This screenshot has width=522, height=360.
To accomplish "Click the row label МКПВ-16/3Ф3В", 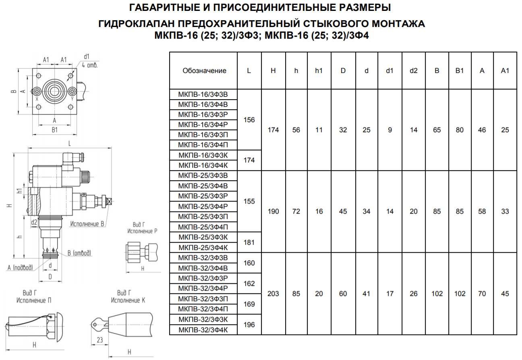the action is click(x=203, y=94).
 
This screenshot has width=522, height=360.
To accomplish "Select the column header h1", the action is click(x=319, y=71).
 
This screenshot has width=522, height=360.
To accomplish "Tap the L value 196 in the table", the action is click(x=249, y=325).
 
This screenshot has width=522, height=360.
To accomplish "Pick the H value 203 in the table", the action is click(x=273, y=293).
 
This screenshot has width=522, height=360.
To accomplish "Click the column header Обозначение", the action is click(x=204, y=71).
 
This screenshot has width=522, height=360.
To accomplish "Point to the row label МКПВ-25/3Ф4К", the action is click(x=203, y=248).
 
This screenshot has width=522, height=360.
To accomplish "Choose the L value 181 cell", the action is click(x=249, y=242).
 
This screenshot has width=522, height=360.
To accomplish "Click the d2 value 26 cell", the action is click(x=413, y=293).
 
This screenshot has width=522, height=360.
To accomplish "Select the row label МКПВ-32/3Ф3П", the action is click(x=203, y=299).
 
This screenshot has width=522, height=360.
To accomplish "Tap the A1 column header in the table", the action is click(x=505, y=71).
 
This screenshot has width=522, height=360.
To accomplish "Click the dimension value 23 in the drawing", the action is click(x=100, y=340).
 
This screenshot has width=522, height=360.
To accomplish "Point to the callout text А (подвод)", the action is click(x=20, y=267).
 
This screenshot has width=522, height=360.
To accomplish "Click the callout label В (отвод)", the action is click(x=79, y=253).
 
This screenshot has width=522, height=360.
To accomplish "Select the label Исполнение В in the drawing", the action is click(x=87, y=224).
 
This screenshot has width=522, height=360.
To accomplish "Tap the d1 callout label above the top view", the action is click(x=87, y=57).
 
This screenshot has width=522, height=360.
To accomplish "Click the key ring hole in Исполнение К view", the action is click(x=95, y=324).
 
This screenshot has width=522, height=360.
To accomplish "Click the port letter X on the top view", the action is click(x=37, y=99).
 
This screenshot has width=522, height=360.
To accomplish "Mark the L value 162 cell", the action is click(x=249, y=283).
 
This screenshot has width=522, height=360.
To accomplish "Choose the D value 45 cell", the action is click(x=343, y=211).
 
